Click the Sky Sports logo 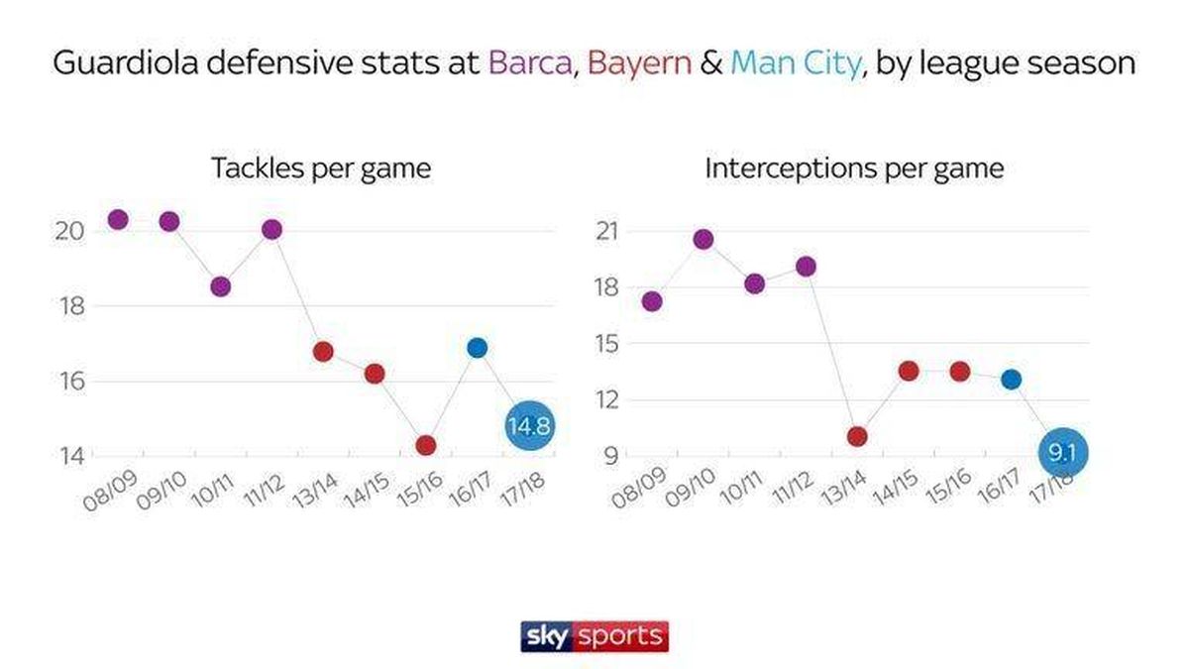pyautogui.click(x=594, y=635)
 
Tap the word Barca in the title pyautogui.click(x=531, y=63)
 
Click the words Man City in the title pyautogui.click(x=796, y=63)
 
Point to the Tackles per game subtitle pyautogui.click(x=320, y=167)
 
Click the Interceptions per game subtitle pyautogui.click(x=854, y=167)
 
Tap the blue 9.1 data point pyautogui.click(x=1063, y=454)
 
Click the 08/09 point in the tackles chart pyautogui.click(x=118, y=220)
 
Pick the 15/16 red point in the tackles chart pyautogui.click(x=426, y=445)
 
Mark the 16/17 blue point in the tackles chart pyautogui.click(x=478, y=348)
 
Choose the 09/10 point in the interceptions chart pyautogui.click(x=703, y=239)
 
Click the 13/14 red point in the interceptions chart pyautogui.click(x=857, y=436)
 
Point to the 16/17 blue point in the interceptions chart pyautogui.click(x=1011, y=380)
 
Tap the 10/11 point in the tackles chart pyautogui.click(x=221, y=286)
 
